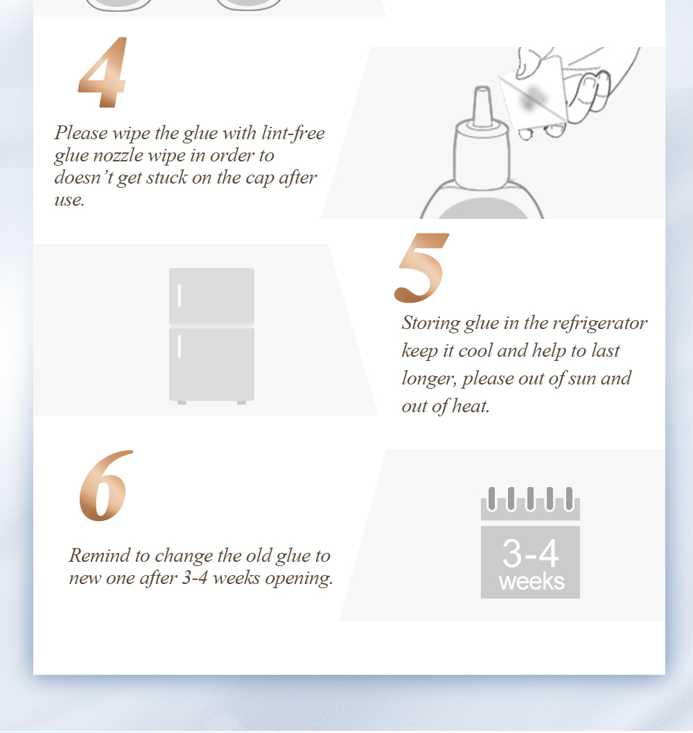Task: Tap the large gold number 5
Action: (x=421, y=267)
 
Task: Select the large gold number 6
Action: (x=106, y=486)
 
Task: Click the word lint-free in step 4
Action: (x=293, y=133)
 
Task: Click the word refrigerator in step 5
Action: (x=600, y=323)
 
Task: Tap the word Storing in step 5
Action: (x=430, y=323)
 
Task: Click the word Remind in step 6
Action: (x=100, y=556)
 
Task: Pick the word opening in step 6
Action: (x=299, y=579)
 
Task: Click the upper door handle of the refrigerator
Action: (x=179, y=295)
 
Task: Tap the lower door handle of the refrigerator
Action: (x=179, y=346)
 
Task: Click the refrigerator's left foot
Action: (x=182, y=403)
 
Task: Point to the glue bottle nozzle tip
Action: (x=482, y=89)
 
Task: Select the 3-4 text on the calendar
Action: (x=530, y=553)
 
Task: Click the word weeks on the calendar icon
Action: (x=532, y=582)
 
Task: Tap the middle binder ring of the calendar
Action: (x=530, y=499)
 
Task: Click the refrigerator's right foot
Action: (x=241, y=403)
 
